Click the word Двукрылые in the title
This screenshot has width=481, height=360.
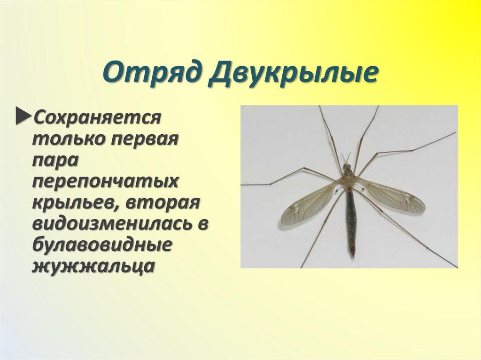pos(292,75)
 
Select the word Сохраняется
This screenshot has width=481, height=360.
pos(97,117)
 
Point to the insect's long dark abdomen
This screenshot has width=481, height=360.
pos(350,216)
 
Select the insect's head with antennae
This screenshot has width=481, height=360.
pos(347,167)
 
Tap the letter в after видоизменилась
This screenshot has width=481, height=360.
pos(203,224)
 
